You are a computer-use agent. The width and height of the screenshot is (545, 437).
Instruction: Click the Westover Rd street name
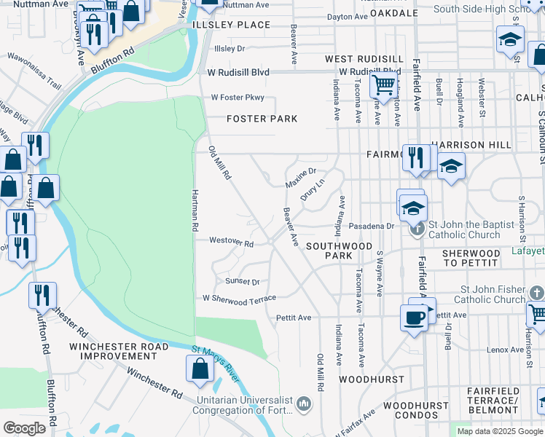pyautogui.click(x=231, y=243)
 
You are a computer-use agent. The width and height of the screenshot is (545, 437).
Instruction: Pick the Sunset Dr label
pyautogui.click(x=243, y=281)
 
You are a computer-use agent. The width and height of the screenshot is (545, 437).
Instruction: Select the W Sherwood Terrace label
pyautogui.click(x=239, y=299)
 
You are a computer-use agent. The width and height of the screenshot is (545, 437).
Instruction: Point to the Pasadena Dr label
pyautogui.click(x=370, y=227)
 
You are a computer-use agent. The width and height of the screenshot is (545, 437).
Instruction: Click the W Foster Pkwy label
pyautogui.click(x=238, y=98)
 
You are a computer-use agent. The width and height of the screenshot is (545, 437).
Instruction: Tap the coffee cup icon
pyautogui.click(x=414, y=318)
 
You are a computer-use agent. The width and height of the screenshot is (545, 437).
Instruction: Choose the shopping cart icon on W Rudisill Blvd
pyautogui.click(x=383, y=85)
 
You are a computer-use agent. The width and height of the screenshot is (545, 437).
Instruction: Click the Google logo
pyautogui.click(x=24, y=428)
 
